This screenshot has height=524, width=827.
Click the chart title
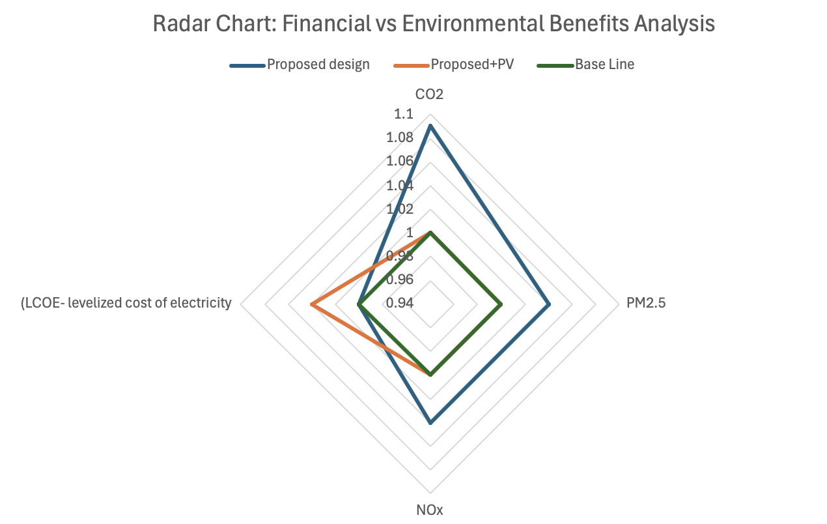click(434, 24)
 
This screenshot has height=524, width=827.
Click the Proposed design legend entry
click(318, 65)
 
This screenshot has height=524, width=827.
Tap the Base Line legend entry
click(604, 65)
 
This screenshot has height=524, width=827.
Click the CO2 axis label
click(429, 95)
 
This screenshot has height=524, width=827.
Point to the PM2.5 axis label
click(646, 303)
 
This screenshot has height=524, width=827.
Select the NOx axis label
click(429, 510)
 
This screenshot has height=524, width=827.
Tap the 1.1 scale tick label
click(404, 114)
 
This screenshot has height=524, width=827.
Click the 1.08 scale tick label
click(400, 138)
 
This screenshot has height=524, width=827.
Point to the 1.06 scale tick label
click(400, 161)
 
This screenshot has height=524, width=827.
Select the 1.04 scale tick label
click(400, 185)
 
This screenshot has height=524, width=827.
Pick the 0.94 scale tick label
click(400, 303)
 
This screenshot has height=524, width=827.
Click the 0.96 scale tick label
click(400, 280)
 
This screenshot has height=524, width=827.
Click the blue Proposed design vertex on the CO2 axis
click(430, 126)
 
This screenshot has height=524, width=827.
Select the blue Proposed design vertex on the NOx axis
click(430, 423)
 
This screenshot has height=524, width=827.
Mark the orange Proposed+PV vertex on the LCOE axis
click(312, 304)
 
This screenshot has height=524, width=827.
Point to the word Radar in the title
click(174, 24)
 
